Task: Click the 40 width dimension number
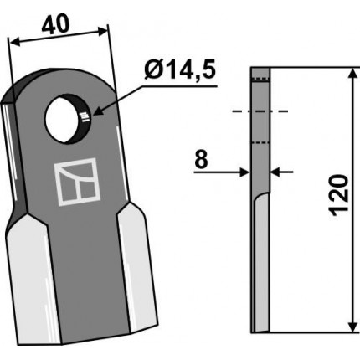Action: tap(55, 24)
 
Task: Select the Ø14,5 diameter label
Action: tap(180, 70)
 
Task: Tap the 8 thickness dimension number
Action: tap(201, 160)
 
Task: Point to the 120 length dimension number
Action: tap(339, 195)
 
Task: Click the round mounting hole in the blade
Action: tap(67, 119)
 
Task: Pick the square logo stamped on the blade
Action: tap(77, 182)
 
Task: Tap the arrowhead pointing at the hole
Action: tap(98, 111)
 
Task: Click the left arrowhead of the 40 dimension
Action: tap(14, 42)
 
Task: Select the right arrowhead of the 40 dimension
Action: tap(102, 31)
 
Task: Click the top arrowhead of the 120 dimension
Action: tap(353, 74)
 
